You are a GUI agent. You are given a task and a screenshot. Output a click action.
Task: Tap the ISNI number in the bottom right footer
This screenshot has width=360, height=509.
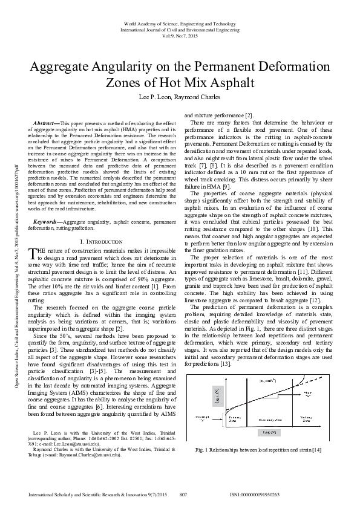tap(255, 494)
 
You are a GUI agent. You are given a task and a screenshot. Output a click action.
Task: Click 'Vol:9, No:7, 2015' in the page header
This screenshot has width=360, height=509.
tap(180, 36)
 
